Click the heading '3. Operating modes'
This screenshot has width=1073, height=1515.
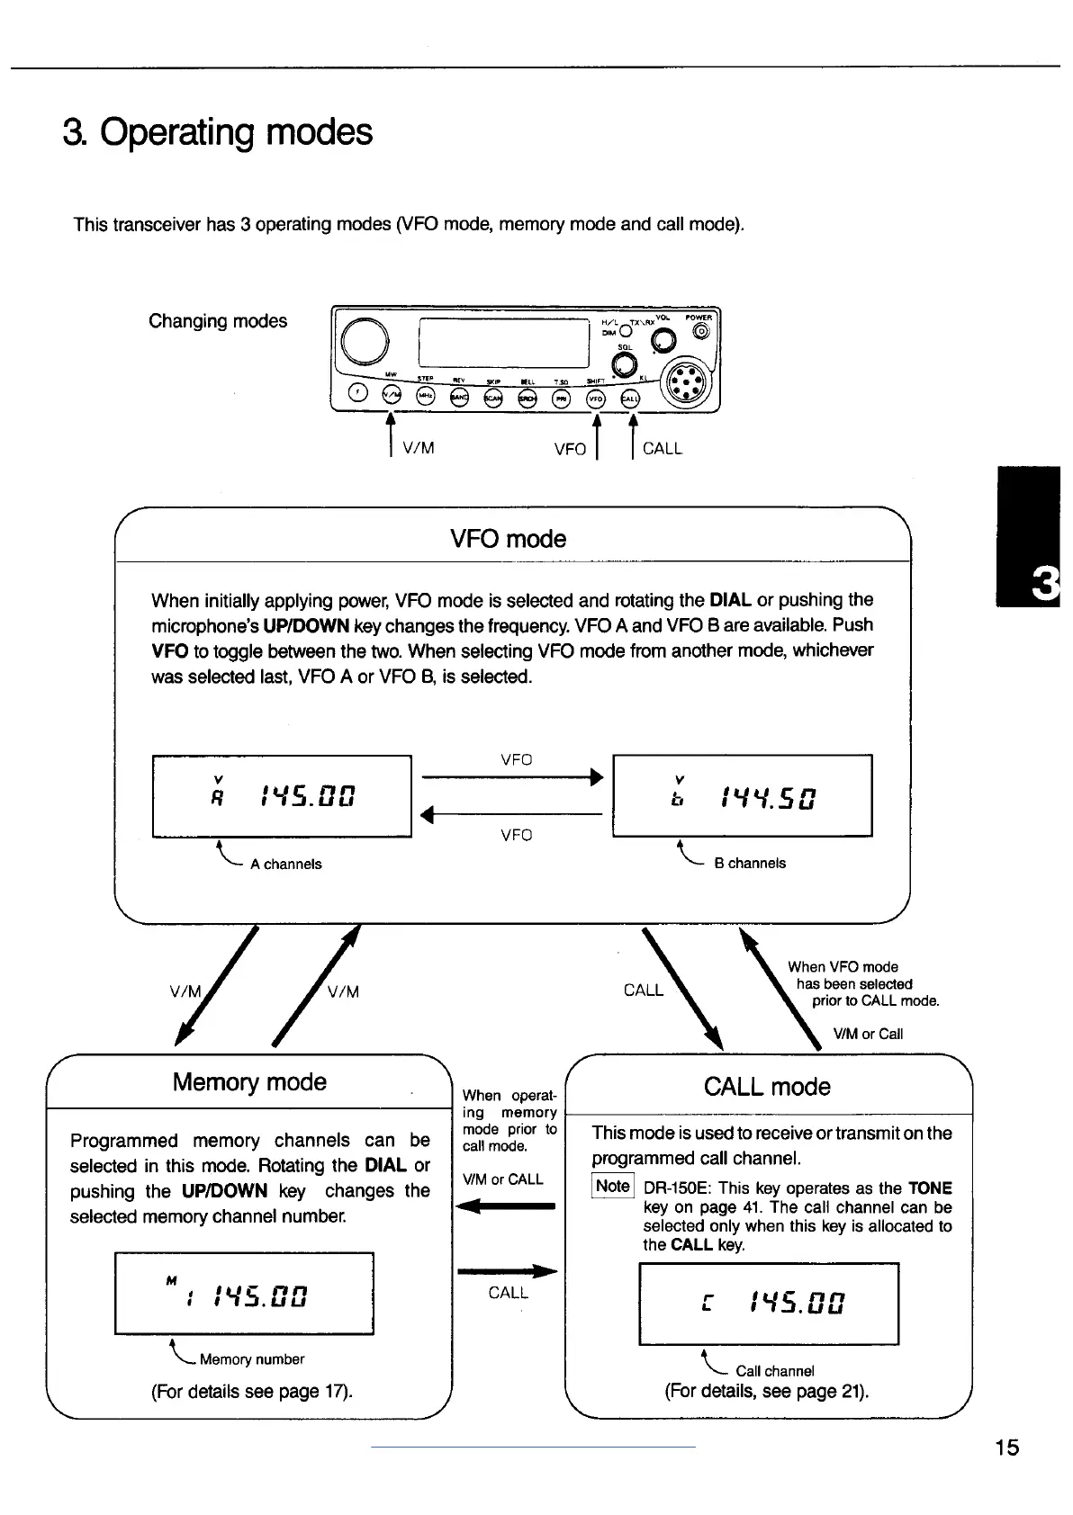(218, 132)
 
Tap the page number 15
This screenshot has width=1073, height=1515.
(1007, 1448)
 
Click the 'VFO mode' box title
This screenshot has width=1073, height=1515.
(509, 539)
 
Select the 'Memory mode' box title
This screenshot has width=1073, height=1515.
(249, 1082)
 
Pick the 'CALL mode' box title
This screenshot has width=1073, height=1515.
(767, 1087)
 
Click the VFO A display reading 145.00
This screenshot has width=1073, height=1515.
(282, 796)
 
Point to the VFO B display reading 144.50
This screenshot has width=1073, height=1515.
(742, 796)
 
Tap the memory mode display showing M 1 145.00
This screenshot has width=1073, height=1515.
(244, 1294)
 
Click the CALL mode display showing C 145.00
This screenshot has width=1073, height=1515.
(769, 1304)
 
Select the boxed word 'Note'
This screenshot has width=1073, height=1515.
(613, 1186)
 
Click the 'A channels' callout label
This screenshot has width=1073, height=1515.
(285, 865)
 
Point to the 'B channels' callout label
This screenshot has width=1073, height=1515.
(750, 864)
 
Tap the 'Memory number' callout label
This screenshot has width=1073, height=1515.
(252, 1359)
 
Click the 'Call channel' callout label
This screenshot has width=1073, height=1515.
(775, 1371)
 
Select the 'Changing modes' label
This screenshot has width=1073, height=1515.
(218, 321)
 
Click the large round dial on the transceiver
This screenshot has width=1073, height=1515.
(365, 342)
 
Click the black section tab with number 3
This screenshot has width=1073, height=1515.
(1029, 537)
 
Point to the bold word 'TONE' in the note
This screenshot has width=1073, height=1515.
(930, 1188)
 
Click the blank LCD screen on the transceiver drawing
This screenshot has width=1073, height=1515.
(504, 343)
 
